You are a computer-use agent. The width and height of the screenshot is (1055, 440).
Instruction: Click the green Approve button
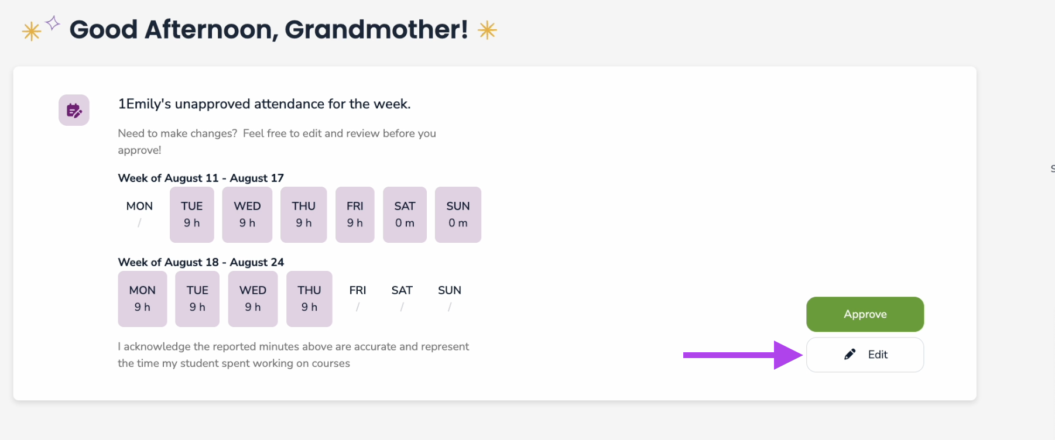(x=865, y=314)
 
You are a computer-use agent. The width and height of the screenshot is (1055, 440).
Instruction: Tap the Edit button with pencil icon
(x=865, y=355)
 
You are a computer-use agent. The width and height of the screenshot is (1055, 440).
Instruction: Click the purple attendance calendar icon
(x=74, y=110)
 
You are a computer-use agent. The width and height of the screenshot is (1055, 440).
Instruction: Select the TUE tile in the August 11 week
(x=192, y=214)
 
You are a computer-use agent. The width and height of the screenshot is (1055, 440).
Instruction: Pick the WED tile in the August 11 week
(x=247, y=214)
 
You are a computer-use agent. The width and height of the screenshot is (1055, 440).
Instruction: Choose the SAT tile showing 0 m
(x=405, y=214)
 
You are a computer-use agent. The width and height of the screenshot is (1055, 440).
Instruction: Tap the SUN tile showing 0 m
(x=458, y=214)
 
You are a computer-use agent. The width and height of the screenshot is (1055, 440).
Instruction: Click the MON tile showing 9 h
(x=142, y=298)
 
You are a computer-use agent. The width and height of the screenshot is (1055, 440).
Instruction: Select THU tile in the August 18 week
(x=309, y=298)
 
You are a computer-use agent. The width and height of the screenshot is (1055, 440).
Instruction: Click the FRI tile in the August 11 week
(x=355, y=214)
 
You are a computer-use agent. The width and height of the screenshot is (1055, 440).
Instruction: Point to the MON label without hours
(x=139, y=206)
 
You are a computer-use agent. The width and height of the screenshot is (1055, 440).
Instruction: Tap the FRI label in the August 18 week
(x=358, y=290)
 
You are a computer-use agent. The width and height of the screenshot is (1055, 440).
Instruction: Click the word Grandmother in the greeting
(x=376, y=29)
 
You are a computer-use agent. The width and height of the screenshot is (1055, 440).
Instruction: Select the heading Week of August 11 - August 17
(x=201, y=178)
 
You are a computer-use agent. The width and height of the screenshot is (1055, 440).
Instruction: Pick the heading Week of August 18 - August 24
(x=201, y=262)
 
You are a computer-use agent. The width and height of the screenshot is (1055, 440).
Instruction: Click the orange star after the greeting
(x=487, y=30)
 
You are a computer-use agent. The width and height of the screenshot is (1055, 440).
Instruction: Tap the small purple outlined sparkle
(x=53, y=23)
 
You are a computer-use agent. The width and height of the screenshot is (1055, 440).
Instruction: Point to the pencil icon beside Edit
(x=850, y=354)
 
